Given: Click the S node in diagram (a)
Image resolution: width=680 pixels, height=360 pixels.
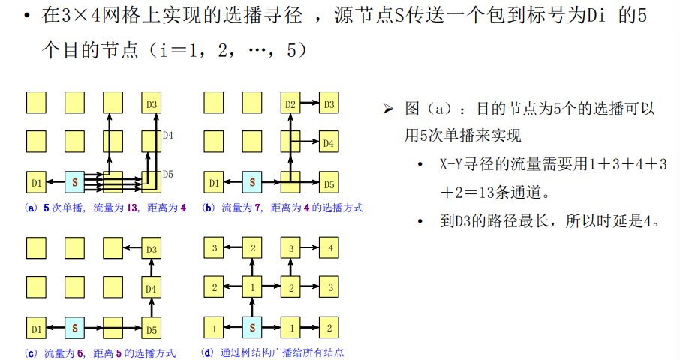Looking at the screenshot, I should tap(74, 182).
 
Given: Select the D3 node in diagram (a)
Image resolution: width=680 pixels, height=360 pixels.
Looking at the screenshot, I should tap(151, 103).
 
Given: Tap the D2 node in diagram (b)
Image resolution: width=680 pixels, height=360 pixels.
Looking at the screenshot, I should tap(290, 103).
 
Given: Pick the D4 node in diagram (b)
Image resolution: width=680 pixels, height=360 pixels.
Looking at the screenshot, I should tap(328, 142).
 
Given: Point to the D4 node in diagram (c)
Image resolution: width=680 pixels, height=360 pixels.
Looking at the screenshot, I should tap(151, 289).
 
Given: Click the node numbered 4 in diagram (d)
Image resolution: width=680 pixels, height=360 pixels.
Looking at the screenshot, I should tap(328, 247).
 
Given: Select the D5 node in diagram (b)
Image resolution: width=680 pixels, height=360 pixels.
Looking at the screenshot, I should tap(328, 182).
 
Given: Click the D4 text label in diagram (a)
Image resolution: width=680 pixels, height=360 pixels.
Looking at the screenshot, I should tap(168, 136).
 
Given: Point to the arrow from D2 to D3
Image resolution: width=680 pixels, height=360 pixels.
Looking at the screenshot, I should tap(309, 103).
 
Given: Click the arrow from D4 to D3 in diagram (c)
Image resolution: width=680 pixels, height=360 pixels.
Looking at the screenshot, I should tap(151, 268).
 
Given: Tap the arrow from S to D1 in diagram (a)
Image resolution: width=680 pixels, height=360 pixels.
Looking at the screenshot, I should tap(55, 182).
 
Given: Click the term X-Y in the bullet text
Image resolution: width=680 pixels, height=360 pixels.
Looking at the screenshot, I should tap(453, 164).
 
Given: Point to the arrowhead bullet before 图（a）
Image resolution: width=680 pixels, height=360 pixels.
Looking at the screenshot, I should tap(388, 109).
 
